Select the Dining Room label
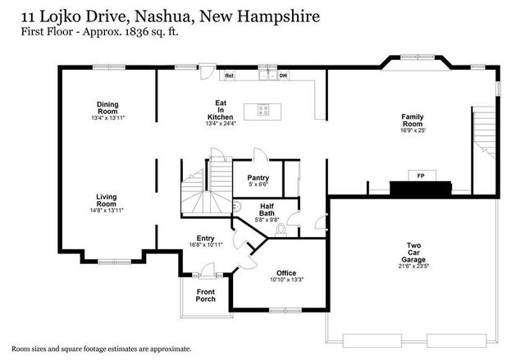pos(107,106)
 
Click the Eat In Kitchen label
pos(221,110)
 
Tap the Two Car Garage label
pos(414,250)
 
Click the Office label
pos(285,273)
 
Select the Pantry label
pos(258,178)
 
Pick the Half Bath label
pos(267,211)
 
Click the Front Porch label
pos(206,295)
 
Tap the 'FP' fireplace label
pos(421,176)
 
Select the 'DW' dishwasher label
pos(283,75)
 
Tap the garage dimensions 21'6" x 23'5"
pos(414,265)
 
